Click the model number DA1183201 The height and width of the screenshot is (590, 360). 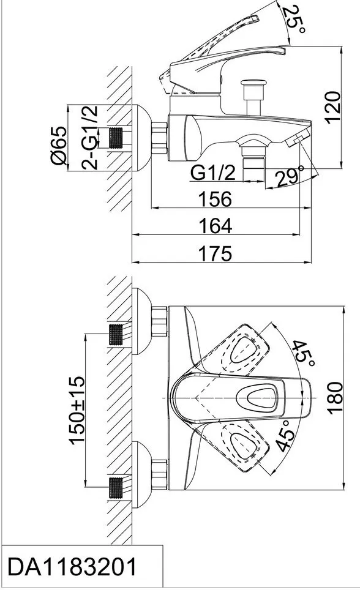[72, 567]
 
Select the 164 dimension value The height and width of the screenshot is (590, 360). [215, 226]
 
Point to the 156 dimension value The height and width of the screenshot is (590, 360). [215, 199]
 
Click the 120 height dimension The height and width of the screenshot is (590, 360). [333, 107]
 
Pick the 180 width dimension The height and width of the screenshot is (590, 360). [335, 398]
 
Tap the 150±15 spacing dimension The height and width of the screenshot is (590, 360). [77, 410]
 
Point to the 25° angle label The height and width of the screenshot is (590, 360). [295, 19]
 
